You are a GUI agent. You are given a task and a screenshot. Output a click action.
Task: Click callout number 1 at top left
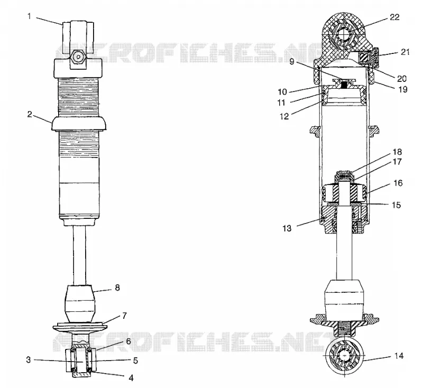click(x=30, y=17)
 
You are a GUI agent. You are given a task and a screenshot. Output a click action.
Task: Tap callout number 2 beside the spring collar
click(x=30, y=114)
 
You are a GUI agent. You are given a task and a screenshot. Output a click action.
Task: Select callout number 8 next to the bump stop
click(x=117, y=288)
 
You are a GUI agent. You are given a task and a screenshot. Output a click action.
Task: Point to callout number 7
click(x=124, y=316)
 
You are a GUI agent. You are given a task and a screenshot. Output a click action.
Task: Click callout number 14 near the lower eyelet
click(x=399, y=356)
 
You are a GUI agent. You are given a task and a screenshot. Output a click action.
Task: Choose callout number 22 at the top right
click(x=394, y=17)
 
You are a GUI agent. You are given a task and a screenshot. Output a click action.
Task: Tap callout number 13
click(x=287, y=229)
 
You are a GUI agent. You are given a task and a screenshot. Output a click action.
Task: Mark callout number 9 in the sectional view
click(x=292, y=62)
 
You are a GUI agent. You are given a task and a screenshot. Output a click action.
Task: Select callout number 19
click(x=402, y=89)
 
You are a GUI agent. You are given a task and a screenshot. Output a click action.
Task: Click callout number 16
click(x=398, y=183)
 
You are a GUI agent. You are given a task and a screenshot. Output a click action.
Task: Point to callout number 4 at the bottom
click(x=131, y=378)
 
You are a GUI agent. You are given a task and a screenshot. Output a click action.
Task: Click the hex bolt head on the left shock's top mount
click(x=78, y=57)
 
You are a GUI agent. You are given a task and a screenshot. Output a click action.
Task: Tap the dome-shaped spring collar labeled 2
click(x=79, y=124)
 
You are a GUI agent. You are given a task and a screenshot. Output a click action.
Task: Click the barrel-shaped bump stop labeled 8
click(x=80, y=303)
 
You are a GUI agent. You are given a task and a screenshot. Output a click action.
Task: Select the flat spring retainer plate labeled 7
click(x=80, y=326)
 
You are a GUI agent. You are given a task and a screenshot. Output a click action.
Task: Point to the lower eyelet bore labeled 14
click(x=345, y=357)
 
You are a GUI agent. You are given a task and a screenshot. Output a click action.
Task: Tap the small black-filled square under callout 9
click(x=344, y=85)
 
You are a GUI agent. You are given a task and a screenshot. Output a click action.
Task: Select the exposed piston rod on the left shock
click(x=79, y=255)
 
